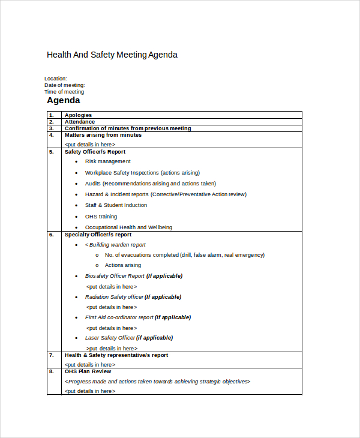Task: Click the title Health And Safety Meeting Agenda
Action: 112,55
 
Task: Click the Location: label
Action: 56,79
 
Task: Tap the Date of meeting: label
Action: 65,85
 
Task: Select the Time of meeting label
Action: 64,92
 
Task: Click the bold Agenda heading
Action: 64,101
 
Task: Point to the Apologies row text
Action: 78,115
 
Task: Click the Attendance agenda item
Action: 80,122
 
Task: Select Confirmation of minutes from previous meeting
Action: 128,128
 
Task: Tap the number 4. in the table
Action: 52,135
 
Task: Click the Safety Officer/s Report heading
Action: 95,152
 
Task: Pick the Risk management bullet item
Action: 108,161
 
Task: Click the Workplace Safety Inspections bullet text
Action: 142,173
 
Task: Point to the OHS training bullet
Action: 101,217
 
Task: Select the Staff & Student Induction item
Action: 116,205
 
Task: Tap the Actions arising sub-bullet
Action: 123,265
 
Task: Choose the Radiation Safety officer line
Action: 115,297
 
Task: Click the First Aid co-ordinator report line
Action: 119,317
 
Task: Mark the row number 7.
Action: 52,355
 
